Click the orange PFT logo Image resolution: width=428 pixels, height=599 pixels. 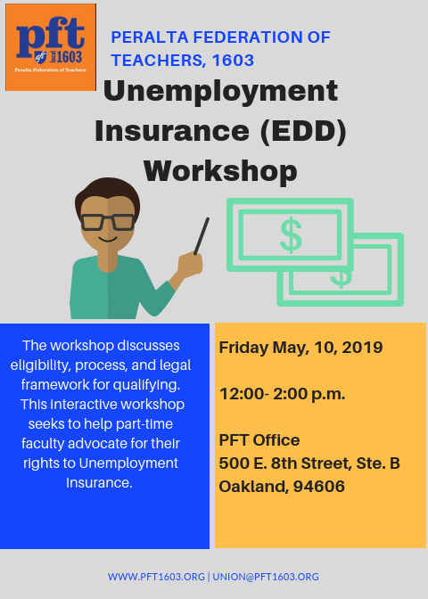pos(51,47)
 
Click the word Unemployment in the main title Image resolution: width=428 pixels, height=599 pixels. pos(220,92)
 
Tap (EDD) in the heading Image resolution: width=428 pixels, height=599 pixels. pos(303,131)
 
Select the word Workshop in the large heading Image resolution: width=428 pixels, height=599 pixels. pos(220,171)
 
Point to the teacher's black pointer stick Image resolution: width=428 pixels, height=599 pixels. pos(202,236)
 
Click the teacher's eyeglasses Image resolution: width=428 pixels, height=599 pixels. pos(107,222)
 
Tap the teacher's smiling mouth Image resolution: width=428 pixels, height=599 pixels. pos(108,239)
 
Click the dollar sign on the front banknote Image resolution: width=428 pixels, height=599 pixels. pos(291,235)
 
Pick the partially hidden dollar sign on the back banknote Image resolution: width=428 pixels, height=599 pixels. pos(342,278)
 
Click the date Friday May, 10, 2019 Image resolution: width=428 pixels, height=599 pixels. pos(300,348)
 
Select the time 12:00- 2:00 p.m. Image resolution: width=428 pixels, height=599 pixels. pos(283,394)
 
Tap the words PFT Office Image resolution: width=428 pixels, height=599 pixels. pos(259,440)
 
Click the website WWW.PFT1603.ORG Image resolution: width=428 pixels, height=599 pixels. pos(156,577)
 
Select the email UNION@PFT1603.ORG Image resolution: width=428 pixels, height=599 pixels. pos(266,577)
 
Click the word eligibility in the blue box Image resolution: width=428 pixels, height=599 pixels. pos(40,365)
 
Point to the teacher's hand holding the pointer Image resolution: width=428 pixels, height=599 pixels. pos(190,263)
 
